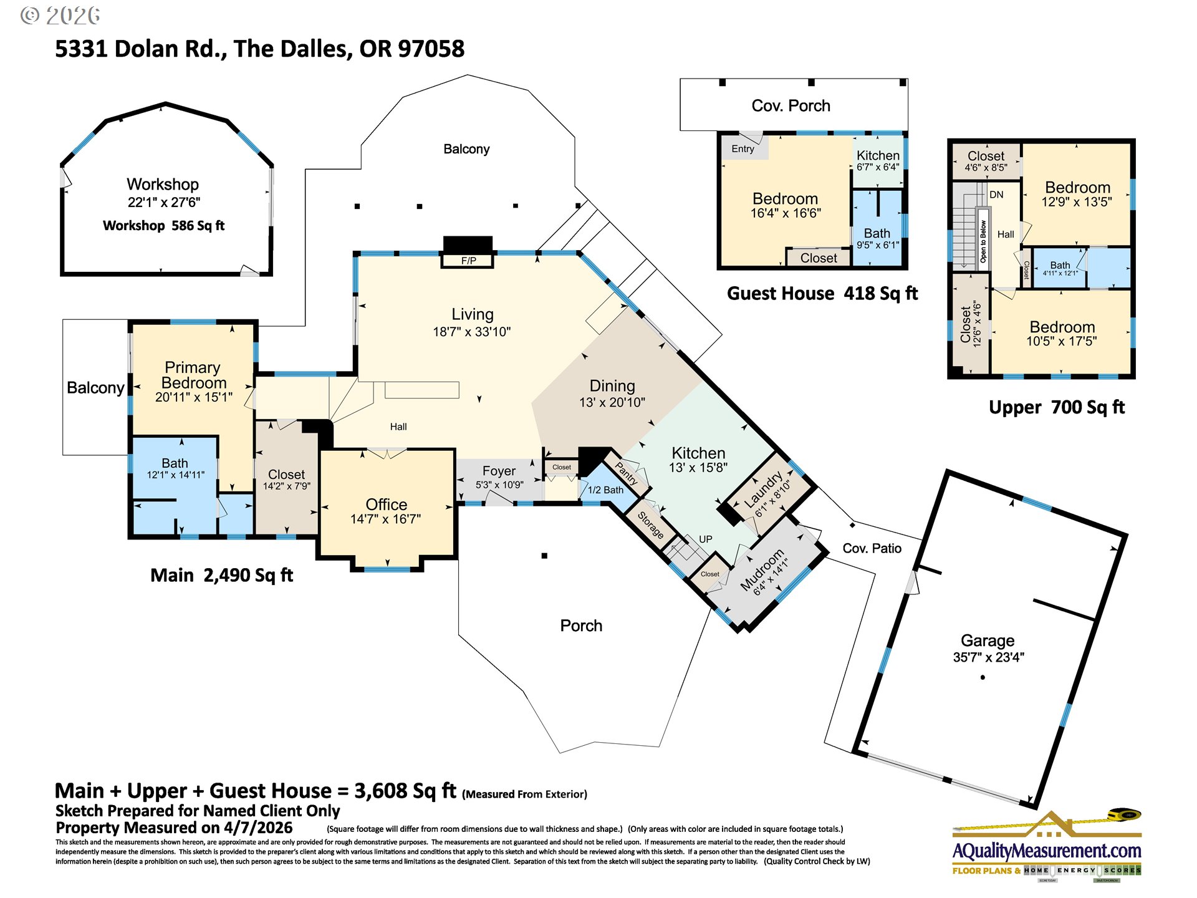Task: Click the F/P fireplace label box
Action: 468,261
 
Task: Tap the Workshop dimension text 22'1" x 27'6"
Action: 164,203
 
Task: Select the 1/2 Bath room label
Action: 605,490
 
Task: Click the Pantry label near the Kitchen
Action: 627,473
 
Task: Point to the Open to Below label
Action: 983,241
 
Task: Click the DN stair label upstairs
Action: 996,195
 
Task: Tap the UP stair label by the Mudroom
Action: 705,539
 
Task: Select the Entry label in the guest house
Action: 743,149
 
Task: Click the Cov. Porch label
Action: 791,106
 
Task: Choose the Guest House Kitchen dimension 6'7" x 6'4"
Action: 877,167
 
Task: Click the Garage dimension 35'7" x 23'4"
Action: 988,657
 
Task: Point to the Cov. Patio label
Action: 872,548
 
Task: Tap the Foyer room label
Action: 499,471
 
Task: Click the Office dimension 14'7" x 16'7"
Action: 385,519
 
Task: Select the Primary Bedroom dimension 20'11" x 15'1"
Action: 193,397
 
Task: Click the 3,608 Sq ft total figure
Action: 405,791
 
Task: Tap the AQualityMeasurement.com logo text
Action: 1046,851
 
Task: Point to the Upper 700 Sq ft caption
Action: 1056,407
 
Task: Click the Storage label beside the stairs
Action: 650,526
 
